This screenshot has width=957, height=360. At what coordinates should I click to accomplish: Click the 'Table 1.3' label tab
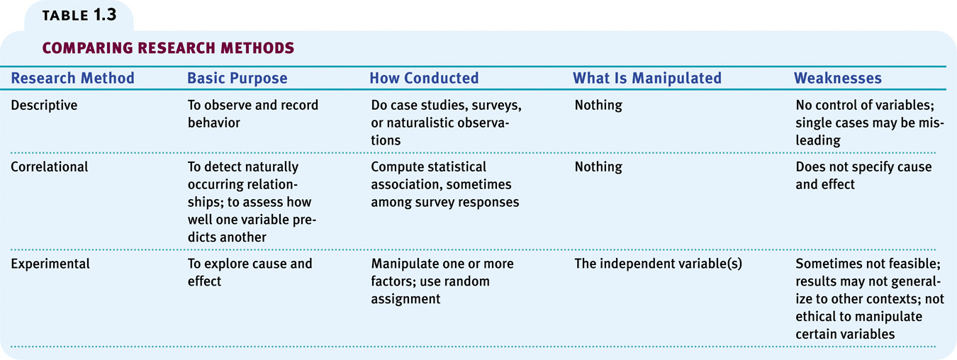click(x=79, y=16)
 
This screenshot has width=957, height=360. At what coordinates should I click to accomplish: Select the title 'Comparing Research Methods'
click(x=168, y=47)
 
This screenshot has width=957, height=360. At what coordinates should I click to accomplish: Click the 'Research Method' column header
click(x=72, y=78)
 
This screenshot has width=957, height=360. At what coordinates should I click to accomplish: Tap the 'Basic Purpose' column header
click(x=237, y=78)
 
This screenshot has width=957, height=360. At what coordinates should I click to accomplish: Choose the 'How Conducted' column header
click(x=424, y=78)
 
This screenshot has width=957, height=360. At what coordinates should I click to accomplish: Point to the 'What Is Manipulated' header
click(x=647, y=78)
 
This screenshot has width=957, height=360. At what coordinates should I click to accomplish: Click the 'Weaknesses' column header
click(x=838, y=78)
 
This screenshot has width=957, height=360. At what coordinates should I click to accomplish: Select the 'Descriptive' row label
click(x=44, y=105)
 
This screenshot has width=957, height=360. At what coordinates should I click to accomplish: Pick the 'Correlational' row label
click(x=49, y=167)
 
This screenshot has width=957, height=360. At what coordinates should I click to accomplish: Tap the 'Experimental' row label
click(x=50, y=264)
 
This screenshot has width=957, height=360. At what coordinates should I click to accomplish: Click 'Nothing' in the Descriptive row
click(x=598, y=105)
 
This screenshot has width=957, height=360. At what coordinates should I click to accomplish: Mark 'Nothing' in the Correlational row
click(x=598, y=167)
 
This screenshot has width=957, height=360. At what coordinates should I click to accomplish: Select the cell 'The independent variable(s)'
click(x=658, y=264)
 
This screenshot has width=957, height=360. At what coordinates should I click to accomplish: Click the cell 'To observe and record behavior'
click(x=253, y=114)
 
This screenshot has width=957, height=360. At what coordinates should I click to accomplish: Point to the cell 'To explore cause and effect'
click(x=250, y=272)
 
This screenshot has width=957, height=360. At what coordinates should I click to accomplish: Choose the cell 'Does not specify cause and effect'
click(x=863, y=176)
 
